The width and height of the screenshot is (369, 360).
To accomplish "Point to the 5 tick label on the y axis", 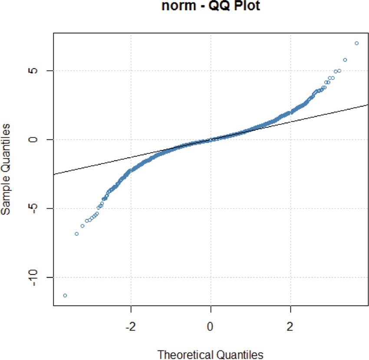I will point(38,71).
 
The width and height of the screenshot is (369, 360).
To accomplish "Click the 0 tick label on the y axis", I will point(38,140).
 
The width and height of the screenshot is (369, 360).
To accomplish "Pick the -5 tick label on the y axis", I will point(38,208).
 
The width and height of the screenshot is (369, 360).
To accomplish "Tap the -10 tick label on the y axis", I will point(38,277).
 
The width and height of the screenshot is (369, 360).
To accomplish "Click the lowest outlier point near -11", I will point(65,295).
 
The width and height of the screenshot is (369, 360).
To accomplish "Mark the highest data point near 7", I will point(356,43).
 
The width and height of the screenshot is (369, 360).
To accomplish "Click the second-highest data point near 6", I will point(345,60).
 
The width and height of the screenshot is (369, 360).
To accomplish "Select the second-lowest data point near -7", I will point(76,234).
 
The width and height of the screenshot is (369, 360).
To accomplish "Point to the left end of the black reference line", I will point(54,174).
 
